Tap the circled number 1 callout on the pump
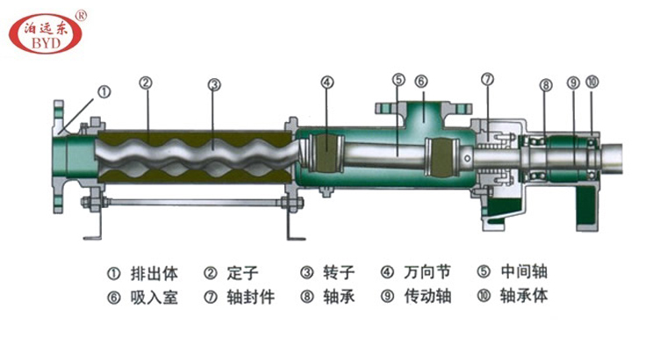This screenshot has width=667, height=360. coord(104,90)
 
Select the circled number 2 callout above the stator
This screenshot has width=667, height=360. coord(147,84)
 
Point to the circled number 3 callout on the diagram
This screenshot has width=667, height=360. coord(213,85)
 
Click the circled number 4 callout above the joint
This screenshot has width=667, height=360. coord(327,84)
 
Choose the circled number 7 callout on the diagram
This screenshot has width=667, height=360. coord(488,81)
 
